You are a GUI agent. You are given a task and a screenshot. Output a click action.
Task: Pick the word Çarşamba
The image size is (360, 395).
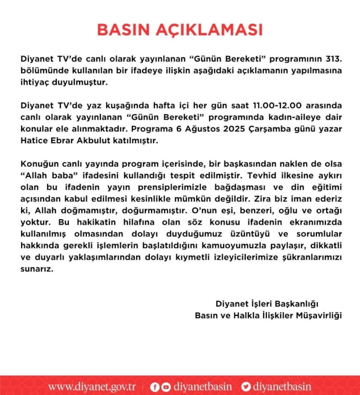click(x=266, y=129)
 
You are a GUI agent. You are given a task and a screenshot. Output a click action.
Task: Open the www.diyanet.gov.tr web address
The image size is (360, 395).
click(x=92, y=386)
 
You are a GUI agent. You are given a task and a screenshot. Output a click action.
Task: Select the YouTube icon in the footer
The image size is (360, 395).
click(x=166, y=386)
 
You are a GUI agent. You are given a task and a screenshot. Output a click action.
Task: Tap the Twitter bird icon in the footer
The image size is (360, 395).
click(x=246, y=386)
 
